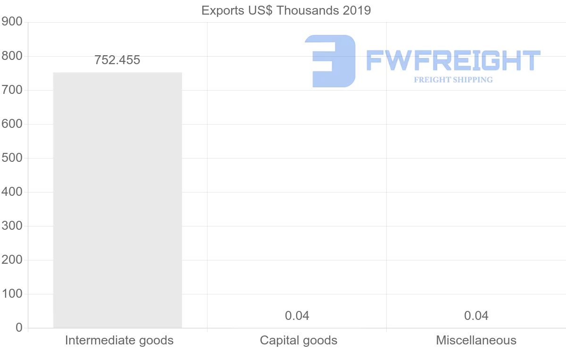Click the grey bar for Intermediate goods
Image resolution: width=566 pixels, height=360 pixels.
tap(117, 200)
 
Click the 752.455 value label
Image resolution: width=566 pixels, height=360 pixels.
tap(117, 60)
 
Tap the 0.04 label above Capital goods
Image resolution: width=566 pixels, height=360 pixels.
tap(297, 316)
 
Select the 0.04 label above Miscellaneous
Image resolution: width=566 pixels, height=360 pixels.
tap(476, 316)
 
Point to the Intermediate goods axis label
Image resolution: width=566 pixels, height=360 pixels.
tap(119, 340)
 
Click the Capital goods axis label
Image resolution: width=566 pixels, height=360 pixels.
tap(299, 340)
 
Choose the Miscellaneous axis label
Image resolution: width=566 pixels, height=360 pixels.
tap(476, 340)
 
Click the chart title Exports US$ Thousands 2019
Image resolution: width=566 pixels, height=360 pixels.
tap(286, 10)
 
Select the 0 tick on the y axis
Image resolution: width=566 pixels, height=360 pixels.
tap(19, 328)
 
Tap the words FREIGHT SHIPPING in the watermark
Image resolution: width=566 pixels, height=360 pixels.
tap(453, 80)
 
